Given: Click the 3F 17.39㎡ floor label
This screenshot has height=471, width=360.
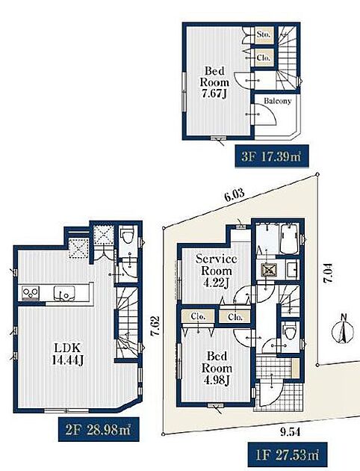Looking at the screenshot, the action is (x=271, y=156).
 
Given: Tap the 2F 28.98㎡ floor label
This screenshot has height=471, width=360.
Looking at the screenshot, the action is (x=99, y=429).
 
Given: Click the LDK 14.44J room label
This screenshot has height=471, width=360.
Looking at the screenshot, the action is (x=67, y=354).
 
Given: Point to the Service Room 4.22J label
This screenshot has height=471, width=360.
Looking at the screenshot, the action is (x=217, y=271).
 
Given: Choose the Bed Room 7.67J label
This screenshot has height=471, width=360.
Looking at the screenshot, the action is (x=214, y=82).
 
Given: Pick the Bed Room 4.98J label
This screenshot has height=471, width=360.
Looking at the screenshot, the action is (x=217, y=369).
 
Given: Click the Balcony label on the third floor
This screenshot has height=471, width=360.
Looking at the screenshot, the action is (x=278, y=101).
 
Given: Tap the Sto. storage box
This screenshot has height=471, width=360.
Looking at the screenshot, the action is (x=264, y=34).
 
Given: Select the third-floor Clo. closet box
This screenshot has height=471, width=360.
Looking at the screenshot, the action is (x=264, y=57).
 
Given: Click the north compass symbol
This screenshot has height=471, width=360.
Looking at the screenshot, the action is (x=343, y=330).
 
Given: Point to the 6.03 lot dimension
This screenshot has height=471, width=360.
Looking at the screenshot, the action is (x=234, y=196).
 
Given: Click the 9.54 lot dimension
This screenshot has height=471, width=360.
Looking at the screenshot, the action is (x=290, y=432).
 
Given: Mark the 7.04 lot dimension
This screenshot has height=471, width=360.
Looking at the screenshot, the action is (x=329, y=273).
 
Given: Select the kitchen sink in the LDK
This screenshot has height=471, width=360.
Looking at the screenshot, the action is (x=63, y=293).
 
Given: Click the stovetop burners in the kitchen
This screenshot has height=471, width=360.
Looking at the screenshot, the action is (x=31, y=293).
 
